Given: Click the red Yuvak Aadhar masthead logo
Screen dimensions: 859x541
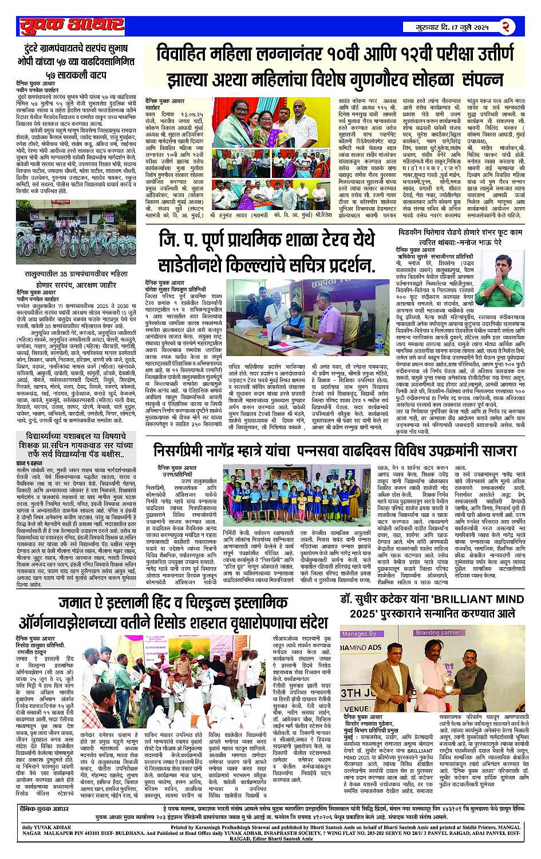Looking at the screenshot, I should tap(71, 25).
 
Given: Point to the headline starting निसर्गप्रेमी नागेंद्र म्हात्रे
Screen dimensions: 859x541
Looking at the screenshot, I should tap(335, 451).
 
